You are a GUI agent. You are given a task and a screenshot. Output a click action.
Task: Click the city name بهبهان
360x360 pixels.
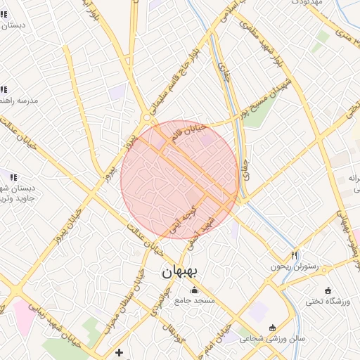(181, 271)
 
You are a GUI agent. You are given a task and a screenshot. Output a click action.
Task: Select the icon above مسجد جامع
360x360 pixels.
(194, 290)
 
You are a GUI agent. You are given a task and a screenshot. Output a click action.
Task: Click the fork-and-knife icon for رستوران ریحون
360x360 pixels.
(294, 255)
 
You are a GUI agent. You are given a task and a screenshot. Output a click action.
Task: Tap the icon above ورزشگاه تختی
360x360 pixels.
(328, 290)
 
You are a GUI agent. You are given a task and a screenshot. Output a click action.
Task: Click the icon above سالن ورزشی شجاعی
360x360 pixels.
(273, 328)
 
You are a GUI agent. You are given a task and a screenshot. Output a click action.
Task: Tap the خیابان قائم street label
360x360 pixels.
(188, 135)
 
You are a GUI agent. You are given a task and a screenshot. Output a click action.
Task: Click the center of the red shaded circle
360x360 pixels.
(179, 179)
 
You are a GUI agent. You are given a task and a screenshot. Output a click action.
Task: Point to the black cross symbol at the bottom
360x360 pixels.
(119, 352)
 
